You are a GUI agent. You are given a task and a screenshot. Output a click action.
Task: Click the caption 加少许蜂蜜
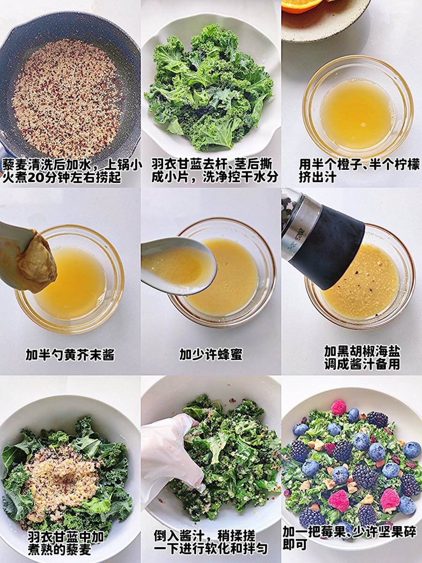pos(211,355)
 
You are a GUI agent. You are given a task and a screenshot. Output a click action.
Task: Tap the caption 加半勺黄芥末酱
pos(70,355)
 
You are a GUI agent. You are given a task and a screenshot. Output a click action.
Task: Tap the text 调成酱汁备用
pos(362,364)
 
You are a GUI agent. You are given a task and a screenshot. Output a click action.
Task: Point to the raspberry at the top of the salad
pos(338,408)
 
